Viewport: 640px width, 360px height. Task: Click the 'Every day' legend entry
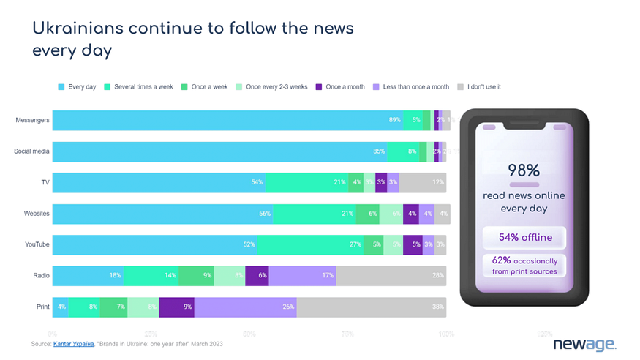point(77,87)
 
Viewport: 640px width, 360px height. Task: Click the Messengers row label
point(32,120)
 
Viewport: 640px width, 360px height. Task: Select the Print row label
point(42,307)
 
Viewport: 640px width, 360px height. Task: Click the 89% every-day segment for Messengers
point(227,120)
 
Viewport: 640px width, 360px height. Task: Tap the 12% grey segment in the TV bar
point(423,182)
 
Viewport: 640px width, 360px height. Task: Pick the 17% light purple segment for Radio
point(302,276)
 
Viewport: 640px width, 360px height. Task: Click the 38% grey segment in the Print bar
point(371,307)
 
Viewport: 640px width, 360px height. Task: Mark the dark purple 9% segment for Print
point(176,307)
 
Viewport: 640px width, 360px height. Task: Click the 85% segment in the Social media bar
point(219,151)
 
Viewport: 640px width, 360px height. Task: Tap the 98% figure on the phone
point(524,170)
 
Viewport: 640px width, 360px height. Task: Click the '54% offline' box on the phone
point(524,238)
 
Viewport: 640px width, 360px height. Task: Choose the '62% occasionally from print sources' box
point(524,266)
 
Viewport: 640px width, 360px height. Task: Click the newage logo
point(584,344)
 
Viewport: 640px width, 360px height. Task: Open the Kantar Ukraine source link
point(73,343)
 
